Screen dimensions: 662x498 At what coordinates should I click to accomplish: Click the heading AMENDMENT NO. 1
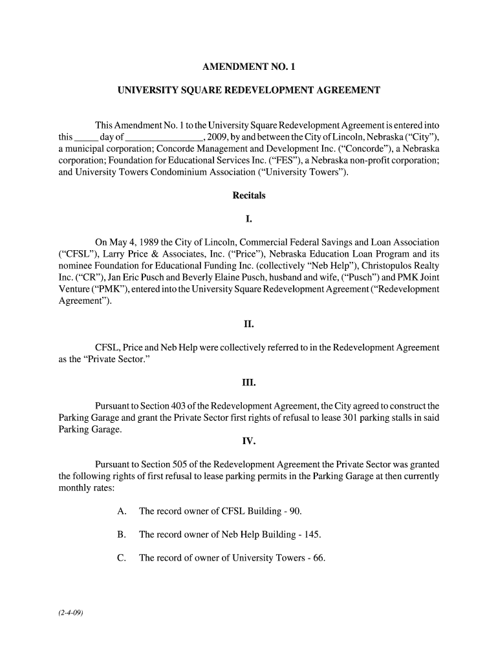pyautogui.click(x=249, y=67)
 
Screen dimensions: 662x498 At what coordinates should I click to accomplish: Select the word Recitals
pyautogui.click(x=249, y=195)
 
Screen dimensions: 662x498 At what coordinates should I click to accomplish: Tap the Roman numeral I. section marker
pyautogui.click(x=249, y=219)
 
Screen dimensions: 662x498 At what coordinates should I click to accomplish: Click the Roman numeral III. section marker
pyautogui.click(x=249, y=383)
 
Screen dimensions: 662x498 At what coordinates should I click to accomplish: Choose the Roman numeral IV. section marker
pyautogui.click(x=249, y=442)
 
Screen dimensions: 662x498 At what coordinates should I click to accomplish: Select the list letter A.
pyautogui.click(x=121, y=511)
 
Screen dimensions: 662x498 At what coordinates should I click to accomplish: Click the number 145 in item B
pyautogui.click(x=312, y=535)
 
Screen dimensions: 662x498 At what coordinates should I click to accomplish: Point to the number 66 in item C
pyautogui.click(x=317, y=558)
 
